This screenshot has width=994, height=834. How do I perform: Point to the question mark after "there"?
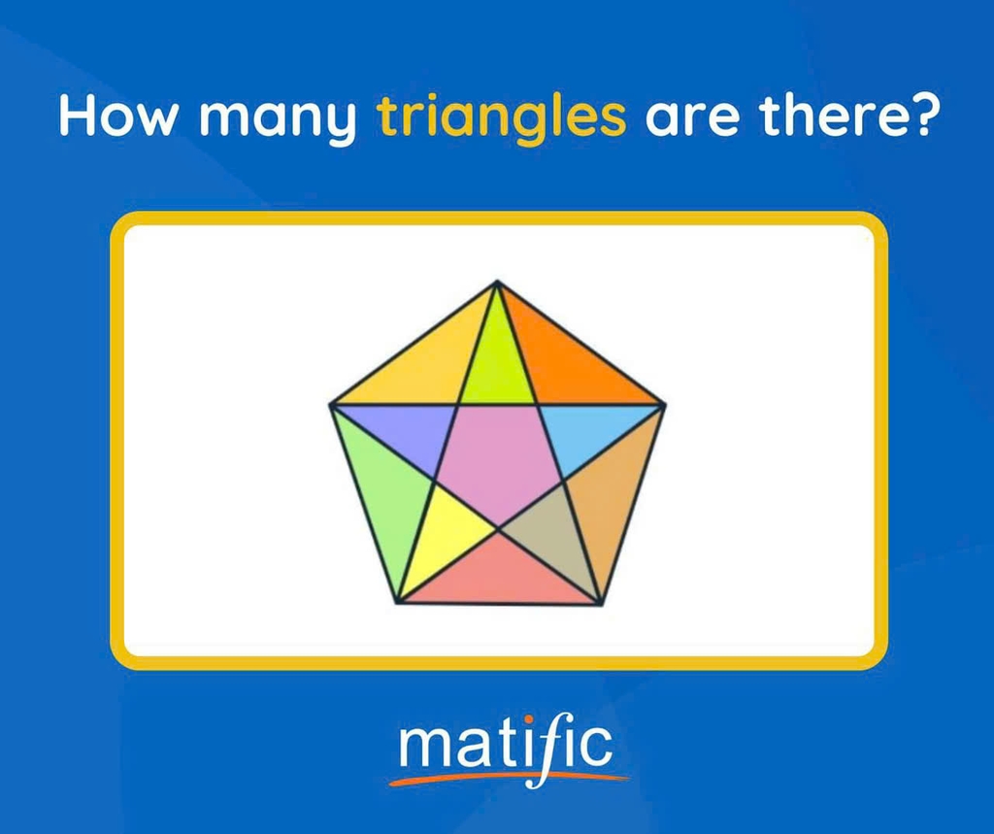(x=916, y=116)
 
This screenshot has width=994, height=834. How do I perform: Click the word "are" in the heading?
(x=691, y=119)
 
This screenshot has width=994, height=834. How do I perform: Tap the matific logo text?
(x=506, y=747)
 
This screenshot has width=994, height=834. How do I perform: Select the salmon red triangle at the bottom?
(x=499, y=574)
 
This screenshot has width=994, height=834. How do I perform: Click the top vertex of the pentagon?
(x=498, y=282)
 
